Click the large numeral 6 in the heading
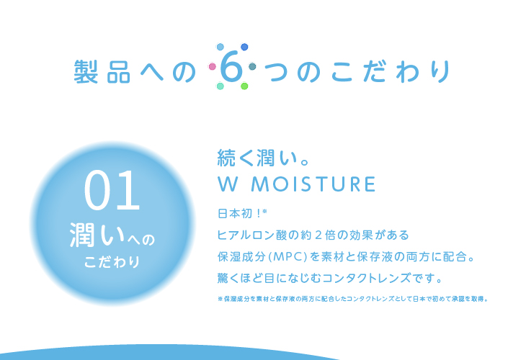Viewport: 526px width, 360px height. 231,67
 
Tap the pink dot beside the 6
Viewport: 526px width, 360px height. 212,66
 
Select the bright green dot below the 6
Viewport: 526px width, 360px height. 244,86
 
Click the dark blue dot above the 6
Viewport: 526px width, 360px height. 244,47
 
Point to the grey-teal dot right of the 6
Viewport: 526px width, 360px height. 252,66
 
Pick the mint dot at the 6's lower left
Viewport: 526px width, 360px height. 220,86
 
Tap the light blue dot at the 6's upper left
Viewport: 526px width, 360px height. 220,47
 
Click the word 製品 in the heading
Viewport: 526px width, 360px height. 102,72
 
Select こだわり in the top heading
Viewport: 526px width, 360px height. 391,71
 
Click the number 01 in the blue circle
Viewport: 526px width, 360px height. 112,190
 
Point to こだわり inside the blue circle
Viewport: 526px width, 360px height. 112,262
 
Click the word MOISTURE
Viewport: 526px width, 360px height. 313,184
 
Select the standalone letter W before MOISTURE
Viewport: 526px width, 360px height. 228,184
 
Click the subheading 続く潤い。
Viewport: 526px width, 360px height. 264,158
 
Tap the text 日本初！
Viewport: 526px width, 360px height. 239,214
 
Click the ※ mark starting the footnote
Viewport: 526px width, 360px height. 220,299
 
